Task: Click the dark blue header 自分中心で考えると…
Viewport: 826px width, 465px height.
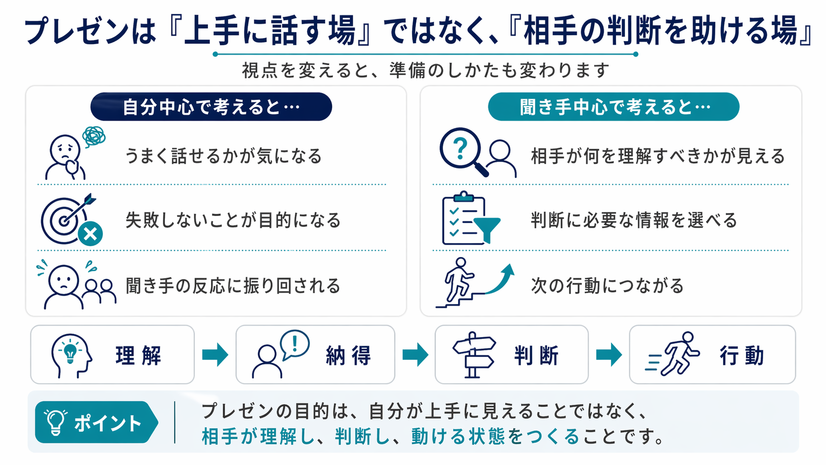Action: click(x=211, y=107)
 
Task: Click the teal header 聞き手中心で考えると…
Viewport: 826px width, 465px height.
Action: click(x=614, y=107)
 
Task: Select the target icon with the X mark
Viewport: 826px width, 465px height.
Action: click(x=71, y=219)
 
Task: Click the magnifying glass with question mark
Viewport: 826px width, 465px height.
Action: click(x=462, y=150)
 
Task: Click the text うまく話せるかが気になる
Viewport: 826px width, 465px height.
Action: click(x=223, y=156)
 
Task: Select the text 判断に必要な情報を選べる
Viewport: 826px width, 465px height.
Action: click(x=634, y=220)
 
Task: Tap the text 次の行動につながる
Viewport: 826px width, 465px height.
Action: click(x=607, y=286)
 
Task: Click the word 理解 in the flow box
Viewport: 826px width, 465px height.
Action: click(x=139, y=355)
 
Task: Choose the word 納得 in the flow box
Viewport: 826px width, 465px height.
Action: click(x=349, y=355)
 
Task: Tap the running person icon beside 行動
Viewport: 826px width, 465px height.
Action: click(x=674, y=354)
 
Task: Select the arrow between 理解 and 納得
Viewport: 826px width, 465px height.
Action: click(x=215, y=354)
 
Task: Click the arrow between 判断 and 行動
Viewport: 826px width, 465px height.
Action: click(x=609, y=354)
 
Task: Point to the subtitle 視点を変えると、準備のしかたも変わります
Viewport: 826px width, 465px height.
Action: click(x=426, y=71)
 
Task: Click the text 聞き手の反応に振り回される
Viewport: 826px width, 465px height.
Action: click(x=233, y=286)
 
